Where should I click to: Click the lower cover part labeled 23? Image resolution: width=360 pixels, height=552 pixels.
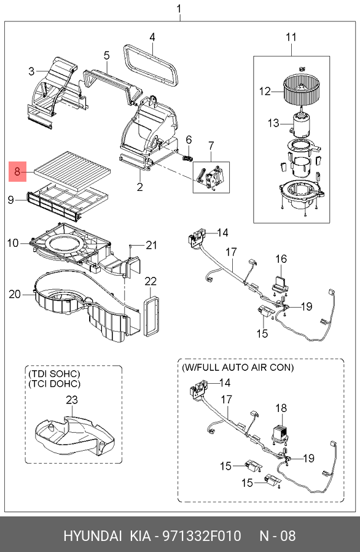74,435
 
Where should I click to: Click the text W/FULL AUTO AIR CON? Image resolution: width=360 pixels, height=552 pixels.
237,367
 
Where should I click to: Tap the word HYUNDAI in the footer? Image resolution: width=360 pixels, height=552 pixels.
93,536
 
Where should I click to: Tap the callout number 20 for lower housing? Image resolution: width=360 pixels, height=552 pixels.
15,295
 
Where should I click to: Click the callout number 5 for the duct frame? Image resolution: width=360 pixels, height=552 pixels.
106,56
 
